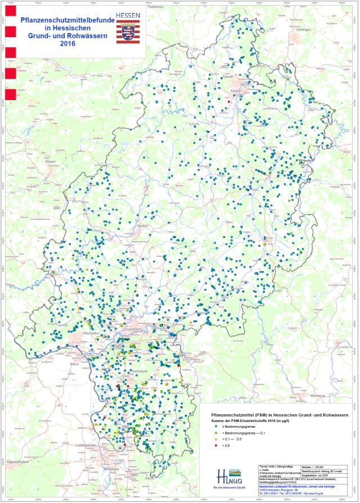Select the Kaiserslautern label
(x=18, y=461)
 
